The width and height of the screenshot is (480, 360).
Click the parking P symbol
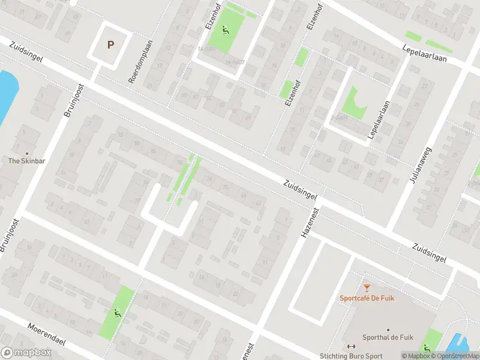click(110, 44)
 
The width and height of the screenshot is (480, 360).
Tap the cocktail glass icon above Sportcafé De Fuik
click(367, 288)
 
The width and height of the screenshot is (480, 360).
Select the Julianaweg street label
click(413, 164)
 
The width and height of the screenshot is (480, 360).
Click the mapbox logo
click(26, 353)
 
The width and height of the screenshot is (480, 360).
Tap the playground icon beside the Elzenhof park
click(226, 29)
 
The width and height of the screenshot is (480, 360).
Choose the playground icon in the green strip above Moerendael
click(116, 312)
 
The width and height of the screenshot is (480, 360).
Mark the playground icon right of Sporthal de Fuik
click(427, 347)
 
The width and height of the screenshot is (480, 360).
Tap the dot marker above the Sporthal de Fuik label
click(388, 329)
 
